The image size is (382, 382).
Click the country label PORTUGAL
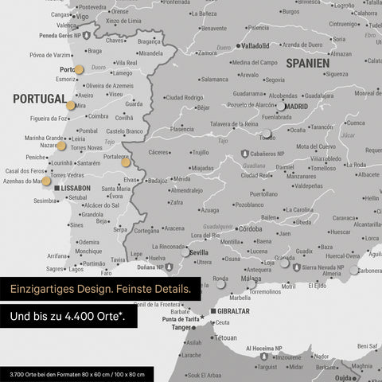click(39, 99)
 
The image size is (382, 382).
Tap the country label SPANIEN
click(307, 62)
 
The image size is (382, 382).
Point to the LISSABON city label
click(76, 188)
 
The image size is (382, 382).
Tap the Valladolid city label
click(255, 46)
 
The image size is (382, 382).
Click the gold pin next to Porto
click(78, 69)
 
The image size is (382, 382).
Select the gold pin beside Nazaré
click(63, 145)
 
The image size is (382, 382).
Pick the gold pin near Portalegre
click(126, 162)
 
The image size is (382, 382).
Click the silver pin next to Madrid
click(280, 105)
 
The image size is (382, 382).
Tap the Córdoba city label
click(251, 229)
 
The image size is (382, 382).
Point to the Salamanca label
click(214, 80)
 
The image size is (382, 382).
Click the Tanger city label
click(182, 327)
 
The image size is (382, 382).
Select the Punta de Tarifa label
click(179, 319)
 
